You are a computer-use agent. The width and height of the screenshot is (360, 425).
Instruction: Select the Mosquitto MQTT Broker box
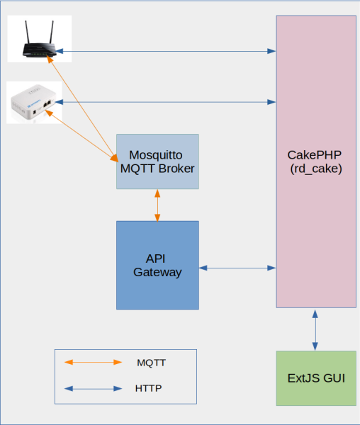(157, 161)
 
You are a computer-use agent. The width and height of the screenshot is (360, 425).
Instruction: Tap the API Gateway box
(157, 265)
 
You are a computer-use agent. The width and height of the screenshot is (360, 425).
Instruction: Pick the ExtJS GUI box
(316, 378)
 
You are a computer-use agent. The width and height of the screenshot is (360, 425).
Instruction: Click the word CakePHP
(316, 154)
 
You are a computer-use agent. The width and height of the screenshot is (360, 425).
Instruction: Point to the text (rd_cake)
(316, 169)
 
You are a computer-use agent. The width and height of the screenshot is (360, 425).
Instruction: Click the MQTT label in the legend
(151, 362)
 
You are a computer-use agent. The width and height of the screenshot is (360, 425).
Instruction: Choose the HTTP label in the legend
(148, 388)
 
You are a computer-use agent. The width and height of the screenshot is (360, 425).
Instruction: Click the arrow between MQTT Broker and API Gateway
(157, 205)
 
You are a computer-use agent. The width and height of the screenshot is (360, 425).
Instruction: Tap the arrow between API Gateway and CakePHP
(237, 268)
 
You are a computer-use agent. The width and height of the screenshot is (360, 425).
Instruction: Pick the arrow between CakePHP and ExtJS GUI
(316, 329)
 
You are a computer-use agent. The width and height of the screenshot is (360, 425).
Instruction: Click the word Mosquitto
(157, 154)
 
